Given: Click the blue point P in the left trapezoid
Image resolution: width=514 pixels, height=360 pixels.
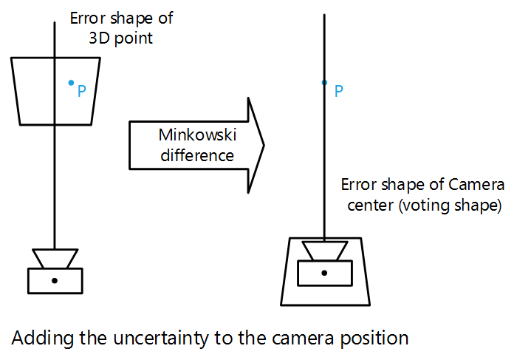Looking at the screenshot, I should [x=71, y=82].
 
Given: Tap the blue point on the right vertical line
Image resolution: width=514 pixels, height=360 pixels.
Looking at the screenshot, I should [x=324, y=83].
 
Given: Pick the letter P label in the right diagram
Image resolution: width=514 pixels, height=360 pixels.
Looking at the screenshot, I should [x=338, y=92].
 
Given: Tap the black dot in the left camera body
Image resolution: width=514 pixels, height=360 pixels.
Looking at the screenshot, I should [x=55, y=281].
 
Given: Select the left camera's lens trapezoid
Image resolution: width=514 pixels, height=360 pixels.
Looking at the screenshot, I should [x=55, y=258].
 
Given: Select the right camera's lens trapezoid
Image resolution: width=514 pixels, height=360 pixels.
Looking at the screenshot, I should [x=324, y=251].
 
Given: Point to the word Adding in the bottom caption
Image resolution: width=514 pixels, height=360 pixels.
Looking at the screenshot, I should [x=37, y=339].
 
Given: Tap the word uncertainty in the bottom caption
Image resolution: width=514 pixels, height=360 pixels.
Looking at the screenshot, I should [x=155, y=339].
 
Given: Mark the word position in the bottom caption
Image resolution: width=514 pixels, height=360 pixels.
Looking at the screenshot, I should [x=376, y=339].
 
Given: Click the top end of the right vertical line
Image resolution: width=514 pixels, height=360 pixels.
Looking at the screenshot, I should [x=324, y=15].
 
